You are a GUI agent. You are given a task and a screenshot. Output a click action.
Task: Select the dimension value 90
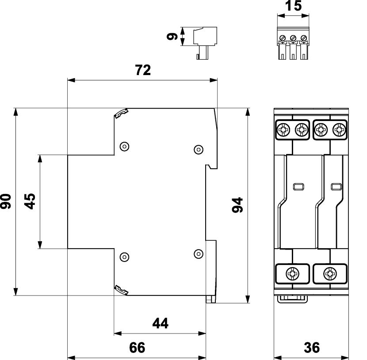click(x=6, y=201)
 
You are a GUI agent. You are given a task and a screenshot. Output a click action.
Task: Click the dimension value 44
click(x=160, y=324)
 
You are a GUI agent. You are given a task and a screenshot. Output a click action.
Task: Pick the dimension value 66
click(x=137, y=348)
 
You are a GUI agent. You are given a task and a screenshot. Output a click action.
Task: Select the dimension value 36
click(x=312, y=348)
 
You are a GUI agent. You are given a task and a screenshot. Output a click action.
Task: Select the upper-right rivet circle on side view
click(x=199, y=149)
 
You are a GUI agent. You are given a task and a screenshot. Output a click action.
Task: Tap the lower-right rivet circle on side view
click(x=199, y=253)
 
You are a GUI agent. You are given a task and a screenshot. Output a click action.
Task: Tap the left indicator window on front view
click(x=298, y=186)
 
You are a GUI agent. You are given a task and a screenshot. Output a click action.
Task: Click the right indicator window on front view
click(x=336, y=186)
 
